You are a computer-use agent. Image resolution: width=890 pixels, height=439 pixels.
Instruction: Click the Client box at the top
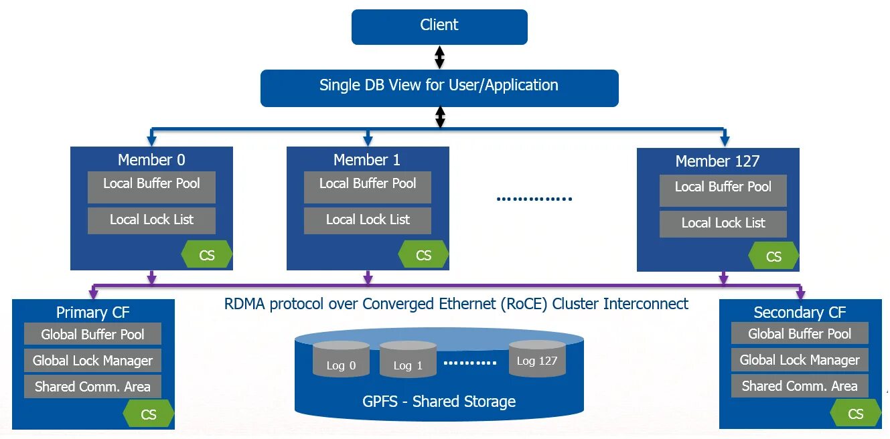point(439,26)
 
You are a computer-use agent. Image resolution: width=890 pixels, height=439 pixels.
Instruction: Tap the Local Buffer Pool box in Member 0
point(151,187)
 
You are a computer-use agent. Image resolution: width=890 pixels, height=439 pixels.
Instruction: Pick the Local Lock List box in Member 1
point(368,220)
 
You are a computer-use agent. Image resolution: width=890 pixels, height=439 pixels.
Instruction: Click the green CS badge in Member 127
point(773,256)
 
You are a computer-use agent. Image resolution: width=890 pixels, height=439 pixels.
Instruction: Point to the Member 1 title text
point(368,160)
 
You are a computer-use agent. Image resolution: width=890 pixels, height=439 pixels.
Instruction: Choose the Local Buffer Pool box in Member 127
point(723,190)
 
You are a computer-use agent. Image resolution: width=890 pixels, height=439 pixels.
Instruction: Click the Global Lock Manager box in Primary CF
point(93,361)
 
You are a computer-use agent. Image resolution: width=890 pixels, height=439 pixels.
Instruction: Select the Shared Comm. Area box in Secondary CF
point(800,386)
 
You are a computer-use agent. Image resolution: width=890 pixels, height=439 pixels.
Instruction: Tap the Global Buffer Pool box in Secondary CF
point(800,333)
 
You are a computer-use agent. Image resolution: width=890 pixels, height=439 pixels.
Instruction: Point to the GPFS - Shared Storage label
point(439,402)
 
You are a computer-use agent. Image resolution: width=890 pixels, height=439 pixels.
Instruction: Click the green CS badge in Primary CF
point(149,414)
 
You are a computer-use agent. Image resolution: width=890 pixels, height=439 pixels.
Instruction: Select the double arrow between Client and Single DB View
point(439,58)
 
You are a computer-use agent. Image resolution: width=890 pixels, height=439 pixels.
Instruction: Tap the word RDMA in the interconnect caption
point(244,304)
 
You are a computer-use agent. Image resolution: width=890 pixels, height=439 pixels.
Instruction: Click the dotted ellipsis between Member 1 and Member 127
point(534,199)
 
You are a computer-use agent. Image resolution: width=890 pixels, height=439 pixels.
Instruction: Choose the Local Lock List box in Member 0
point(151,220)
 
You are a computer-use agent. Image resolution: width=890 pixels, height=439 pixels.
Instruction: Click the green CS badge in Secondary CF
point(855,414)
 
